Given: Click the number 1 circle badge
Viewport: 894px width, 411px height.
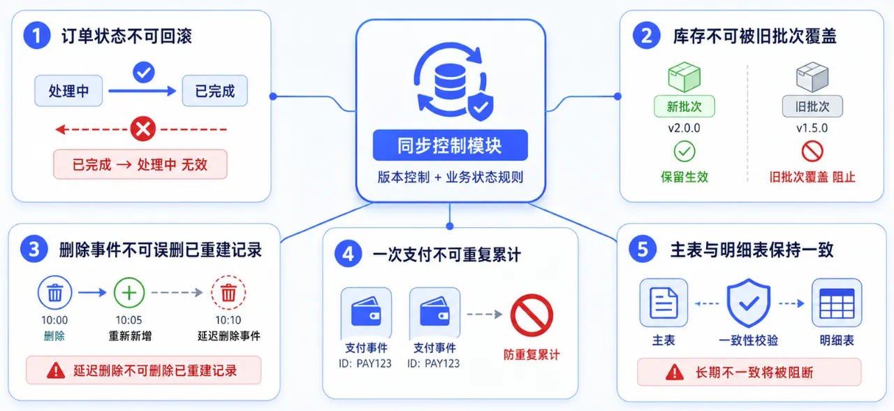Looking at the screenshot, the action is (x=37, y=36).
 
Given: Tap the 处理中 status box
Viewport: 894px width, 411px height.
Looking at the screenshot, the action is (x=68, y=91).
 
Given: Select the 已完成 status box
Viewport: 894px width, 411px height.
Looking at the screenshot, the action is (x=214, y=91).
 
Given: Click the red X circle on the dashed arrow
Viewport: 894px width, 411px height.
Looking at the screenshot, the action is (x=143, y=129).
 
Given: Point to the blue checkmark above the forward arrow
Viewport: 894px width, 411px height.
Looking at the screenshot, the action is (x=144, y=72).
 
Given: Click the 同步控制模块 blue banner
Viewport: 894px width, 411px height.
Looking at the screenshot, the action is (x=450, y=145).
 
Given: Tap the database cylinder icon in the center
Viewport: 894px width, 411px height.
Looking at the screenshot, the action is (x=450, y=82).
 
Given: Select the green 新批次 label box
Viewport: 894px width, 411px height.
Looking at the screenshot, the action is (x=684, y=106).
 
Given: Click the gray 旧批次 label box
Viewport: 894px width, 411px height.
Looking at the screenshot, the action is (x=812, y=106).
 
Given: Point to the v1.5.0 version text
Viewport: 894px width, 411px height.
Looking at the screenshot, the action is (x=812, y=128).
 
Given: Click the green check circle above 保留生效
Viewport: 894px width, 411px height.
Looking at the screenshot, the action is (x=684, y=152).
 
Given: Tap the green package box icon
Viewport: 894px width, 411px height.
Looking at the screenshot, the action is (x=684, y=77).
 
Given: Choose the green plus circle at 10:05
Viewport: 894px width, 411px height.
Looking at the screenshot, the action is (x=129, y=293).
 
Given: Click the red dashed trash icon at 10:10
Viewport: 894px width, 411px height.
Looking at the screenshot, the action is (x=228, y=293).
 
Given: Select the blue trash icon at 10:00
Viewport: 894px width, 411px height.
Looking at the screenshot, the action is (x=54, y=293).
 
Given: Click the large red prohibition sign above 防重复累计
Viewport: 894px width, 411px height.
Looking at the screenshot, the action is (x=532, y=315).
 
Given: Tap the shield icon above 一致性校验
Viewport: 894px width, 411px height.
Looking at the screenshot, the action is (x=749, y=303).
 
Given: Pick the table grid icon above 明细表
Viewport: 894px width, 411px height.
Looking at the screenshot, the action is (x=837, y=303).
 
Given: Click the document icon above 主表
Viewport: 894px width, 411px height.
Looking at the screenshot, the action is (x=664, y=303).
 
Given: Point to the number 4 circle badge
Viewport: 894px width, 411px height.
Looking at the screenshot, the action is (x=348, y=254).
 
